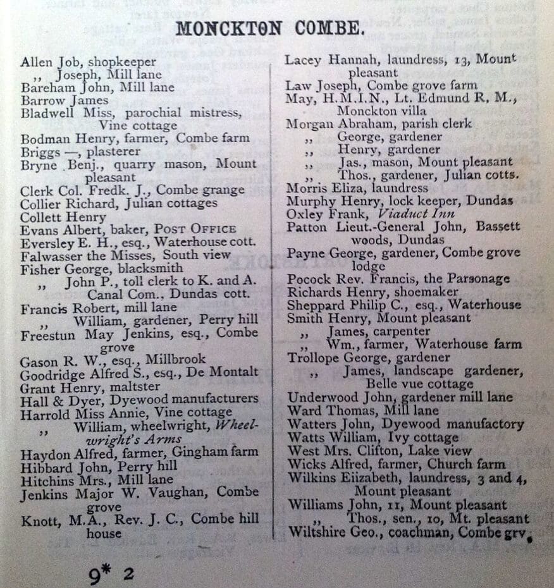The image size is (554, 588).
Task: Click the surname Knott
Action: click(39, 519)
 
